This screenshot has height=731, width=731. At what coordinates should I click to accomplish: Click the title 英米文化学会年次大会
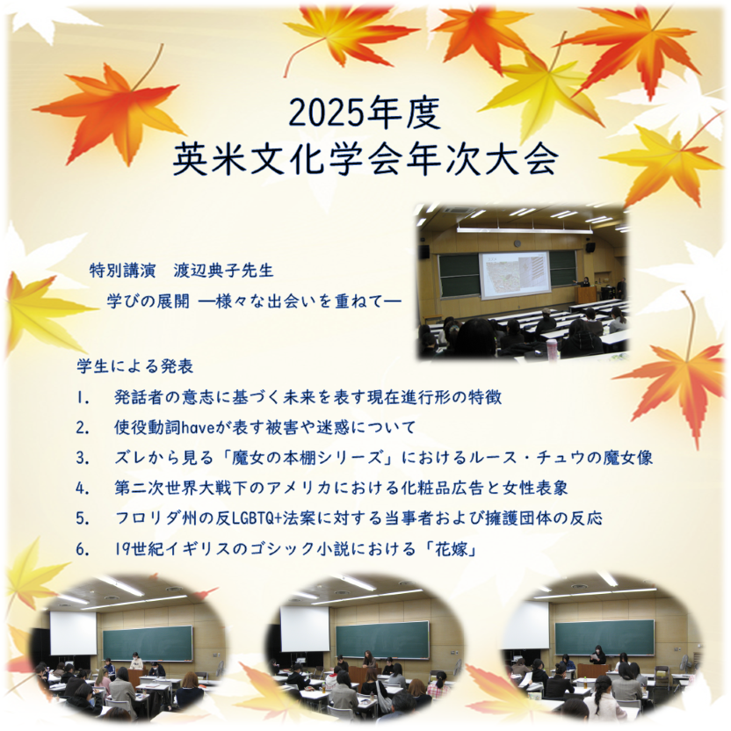click(x=365, y=159)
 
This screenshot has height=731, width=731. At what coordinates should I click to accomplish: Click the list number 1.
click(x=82, y=397)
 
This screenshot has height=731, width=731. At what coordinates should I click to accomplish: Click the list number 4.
click(x=82, y=488)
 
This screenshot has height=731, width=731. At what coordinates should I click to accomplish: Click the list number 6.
click(x=82, y=549)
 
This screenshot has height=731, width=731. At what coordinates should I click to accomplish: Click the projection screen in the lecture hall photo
click(x=515, y=274)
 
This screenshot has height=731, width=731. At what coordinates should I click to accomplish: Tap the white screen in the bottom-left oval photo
click(x=73, y=633)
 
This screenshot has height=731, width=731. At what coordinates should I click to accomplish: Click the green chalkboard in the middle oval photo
click(x=382, y=640)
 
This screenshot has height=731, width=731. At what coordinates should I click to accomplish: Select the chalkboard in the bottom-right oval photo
click(x=604, y=637)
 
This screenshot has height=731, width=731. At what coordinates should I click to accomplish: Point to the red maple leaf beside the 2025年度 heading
click(x=110, y=110)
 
